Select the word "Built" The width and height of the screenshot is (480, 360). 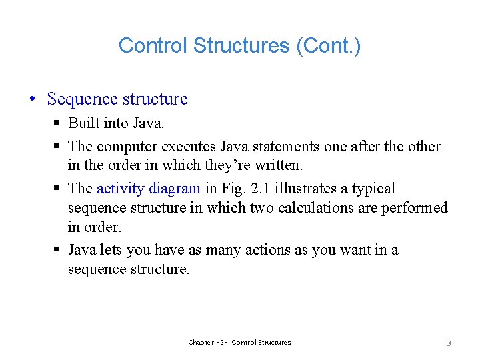[x=84, y=123]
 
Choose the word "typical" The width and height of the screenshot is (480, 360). [x=373, y=189]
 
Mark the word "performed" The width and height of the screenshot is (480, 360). [x=414, y=207]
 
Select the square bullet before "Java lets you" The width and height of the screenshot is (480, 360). [x=58, y=251]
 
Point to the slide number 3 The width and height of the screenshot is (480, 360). [x=449, y=343]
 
